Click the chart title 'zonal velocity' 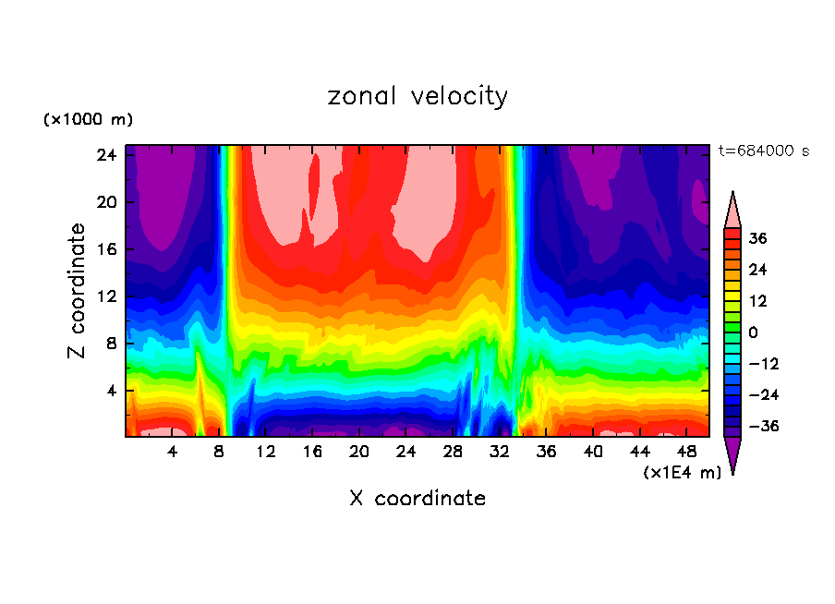[x=417, y=96]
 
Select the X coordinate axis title [x=417, y=499]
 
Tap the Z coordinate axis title [x=78, y=291]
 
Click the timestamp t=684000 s [x=763, y=151]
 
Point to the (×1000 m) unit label [x=88, y=120]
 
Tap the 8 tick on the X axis [x=219, y=452]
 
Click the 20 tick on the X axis [x=359, y=452]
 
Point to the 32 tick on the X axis [x=500, y=452]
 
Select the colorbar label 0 [x=753, y=332]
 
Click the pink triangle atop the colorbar [x=732, y=211]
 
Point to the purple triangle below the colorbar [x=732, y=453]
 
